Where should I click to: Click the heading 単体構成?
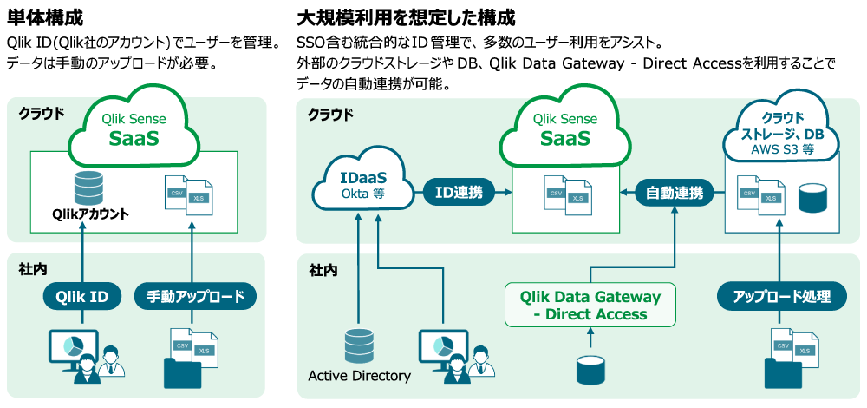(44, 16)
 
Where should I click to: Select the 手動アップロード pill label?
(196, 296)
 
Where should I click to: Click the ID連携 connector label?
(459, 192)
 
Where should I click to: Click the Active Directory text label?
(359, 376)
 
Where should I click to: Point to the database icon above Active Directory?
(358, 345)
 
